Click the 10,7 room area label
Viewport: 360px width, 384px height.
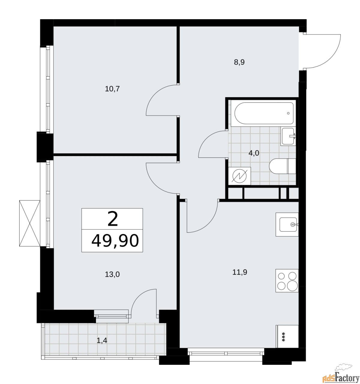(x=112, y=89)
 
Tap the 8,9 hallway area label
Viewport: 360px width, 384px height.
(x=239, y=62)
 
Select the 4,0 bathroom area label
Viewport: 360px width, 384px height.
(x=253, y=153)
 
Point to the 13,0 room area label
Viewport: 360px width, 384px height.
(x=112, y=274)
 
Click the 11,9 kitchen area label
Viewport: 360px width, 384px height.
(x=240, y=272)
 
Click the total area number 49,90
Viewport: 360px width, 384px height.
(x=115, y=241)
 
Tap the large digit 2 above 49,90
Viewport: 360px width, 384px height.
(x=112, y=219)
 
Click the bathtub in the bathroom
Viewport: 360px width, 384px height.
(x=264, y=113)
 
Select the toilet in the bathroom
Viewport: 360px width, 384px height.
(x=282, y=166)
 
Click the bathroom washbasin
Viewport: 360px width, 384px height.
(x=288, y=136)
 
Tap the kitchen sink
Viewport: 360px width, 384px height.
(x=287, y=224)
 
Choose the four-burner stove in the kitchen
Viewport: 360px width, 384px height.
(x=287, y=281)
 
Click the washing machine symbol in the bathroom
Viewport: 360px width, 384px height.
(x=239, y=176)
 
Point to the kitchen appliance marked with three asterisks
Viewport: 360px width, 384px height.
(x=287, y=336)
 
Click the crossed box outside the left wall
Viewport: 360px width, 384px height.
(x=30, y=223)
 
